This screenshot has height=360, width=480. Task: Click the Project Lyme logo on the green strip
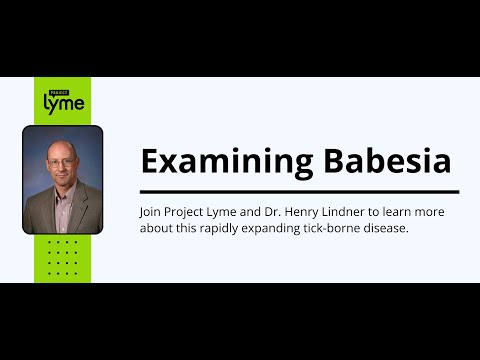click(63, 100)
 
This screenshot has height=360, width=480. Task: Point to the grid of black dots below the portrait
click(62, 256)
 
